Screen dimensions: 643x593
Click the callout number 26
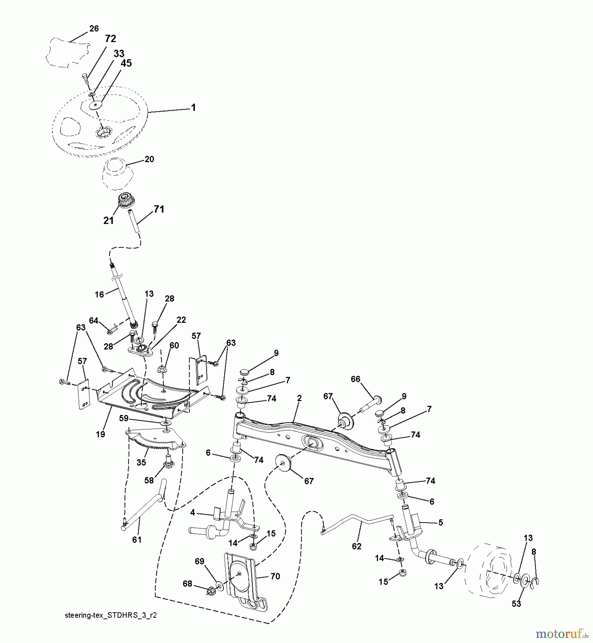tap(94, 29)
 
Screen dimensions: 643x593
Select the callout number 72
tap(110, 39)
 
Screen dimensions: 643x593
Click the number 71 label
tap(159, 209)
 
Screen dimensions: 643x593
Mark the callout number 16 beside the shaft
tap(99, 294)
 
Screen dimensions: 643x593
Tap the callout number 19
tap(101, 434)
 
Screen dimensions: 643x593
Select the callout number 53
tap(516, 604)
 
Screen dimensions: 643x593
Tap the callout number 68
tap(187, 584)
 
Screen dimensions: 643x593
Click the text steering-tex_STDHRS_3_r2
tap(111, 616)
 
